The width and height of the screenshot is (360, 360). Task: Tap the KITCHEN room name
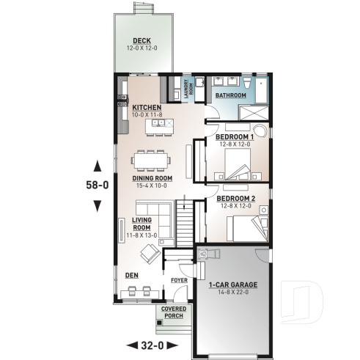coord(146,108)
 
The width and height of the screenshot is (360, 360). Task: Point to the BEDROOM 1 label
coord(235,136)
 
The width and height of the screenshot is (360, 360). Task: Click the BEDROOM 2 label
coord(235,199)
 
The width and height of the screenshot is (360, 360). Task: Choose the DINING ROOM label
coord(152,178)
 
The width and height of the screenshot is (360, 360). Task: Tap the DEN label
coord(132,275)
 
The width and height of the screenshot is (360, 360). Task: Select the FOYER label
coord(179,280)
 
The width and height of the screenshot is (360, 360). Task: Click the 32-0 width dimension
coord(153,344)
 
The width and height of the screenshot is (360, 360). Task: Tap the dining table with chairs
coord(153,158)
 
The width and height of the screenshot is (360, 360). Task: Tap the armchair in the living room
coord(149,254)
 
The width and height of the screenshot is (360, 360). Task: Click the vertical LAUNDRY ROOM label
coord(187,89)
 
